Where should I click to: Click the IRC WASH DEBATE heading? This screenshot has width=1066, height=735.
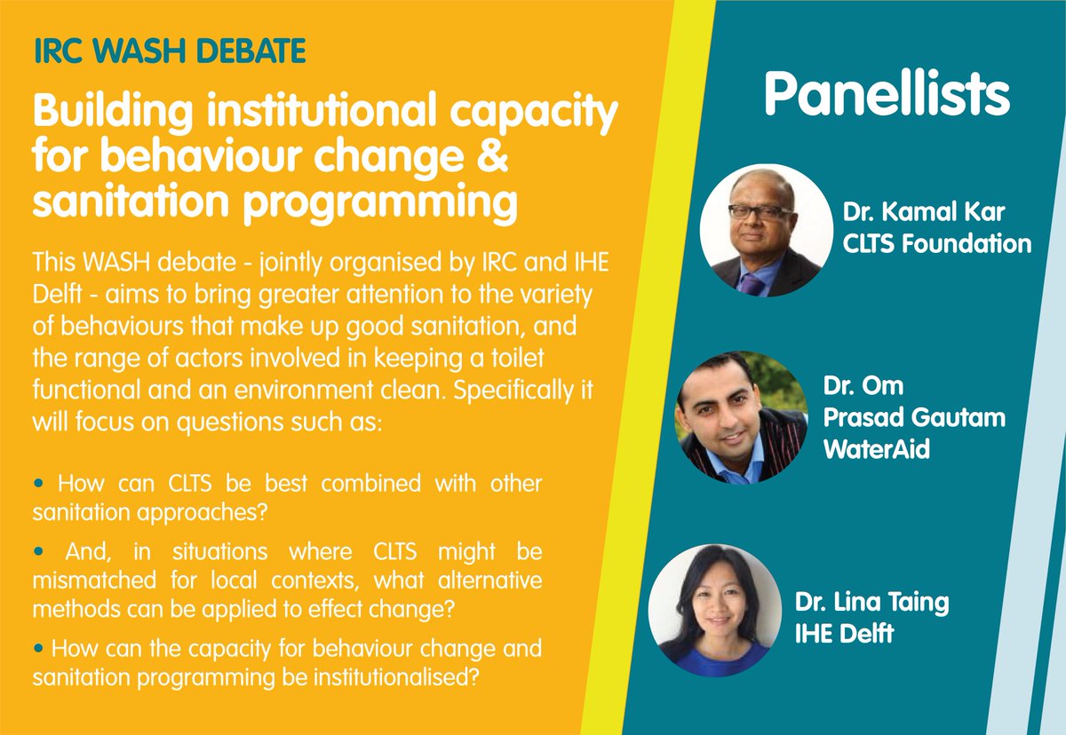tap(170, 51)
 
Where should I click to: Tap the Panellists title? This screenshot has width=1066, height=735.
tap(887, 93)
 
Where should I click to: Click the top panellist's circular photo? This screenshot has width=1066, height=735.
tap(766, 230)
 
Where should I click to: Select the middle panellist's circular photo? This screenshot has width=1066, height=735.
tap(742, 417)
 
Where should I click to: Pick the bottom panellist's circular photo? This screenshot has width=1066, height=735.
tap(715, 611)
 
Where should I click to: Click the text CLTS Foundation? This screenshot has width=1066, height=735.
tap(936, 243)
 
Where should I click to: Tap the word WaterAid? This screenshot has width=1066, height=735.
tap(876, 449)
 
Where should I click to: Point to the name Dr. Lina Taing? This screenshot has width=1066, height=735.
tap(871, 603)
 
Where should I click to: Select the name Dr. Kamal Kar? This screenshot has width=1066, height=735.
tap(924, 211)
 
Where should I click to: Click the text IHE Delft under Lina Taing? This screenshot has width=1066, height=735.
tap(844, 633)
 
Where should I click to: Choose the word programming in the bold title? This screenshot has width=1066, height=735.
tap(380, 203)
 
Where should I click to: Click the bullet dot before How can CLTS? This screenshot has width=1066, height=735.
tap(38, 484)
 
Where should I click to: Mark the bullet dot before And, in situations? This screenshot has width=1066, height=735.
tap(38, 551)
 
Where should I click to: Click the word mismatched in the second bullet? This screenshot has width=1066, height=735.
tap(94, 580)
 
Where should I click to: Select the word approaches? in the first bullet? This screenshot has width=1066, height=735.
tap(203, 513)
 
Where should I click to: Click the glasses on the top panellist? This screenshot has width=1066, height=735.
tap(760, 212)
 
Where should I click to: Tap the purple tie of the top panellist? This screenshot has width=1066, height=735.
tap(752, 284)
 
